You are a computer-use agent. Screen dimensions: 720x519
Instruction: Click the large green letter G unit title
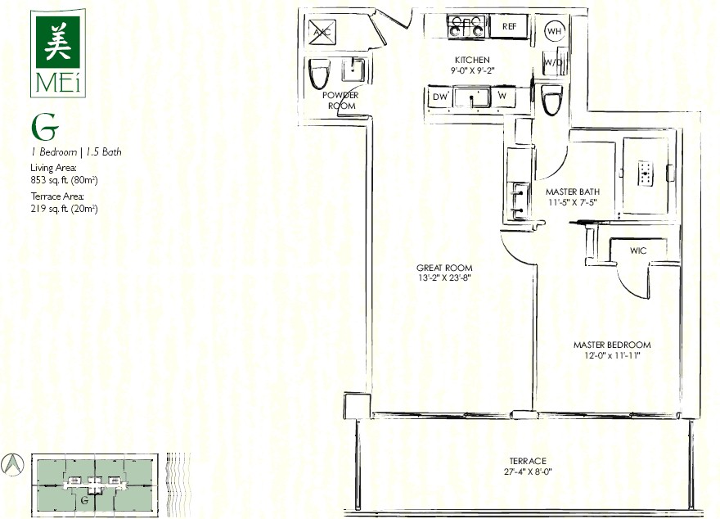(44, 127)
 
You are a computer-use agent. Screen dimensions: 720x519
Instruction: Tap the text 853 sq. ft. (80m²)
(65, 180)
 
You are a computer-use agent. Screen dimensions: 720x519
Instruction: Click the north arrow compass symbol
(12, 464)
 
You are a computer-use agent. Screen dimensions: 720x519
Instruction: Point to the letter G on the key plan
(84, 500)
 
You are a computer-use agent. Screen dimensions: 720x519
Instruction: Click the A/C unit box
(322, 32)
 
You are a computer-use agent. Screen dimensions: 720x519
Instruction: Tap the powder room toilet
(318, 74)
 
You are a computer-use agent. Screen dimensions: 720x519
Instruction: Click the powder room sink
(353, 70)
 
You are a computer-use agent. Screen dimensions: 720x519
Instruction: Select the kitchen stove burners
(466, 25)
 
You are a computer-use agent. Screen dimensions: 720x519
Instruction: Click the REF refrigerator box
(509, 26)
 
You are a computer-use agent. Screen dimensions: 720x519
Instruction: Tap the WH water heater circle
(554, 31)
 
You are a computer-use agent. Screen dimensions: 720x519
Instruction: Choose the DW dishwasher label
(440, 97)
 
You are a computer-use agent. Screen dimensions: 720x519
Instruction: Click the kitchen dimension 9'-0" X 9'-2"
(473, 70)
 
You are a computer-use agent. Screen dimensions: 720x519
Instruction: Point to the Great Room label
(444, 268)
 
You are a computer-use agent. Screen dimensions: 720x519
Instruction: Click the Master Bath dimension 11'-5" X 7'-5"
(573, 202)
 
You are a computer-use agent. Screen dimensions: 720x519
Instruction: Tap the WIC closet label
(638, 250)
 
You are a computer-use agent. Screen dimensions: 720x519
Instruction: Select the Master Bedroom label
(612, 345)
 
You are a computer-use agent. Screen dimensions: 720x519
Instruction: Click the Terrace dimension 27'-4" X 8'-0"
(527, 472)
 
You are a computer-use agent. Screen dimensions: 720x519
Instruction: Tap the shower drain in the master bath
(646, 174)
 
